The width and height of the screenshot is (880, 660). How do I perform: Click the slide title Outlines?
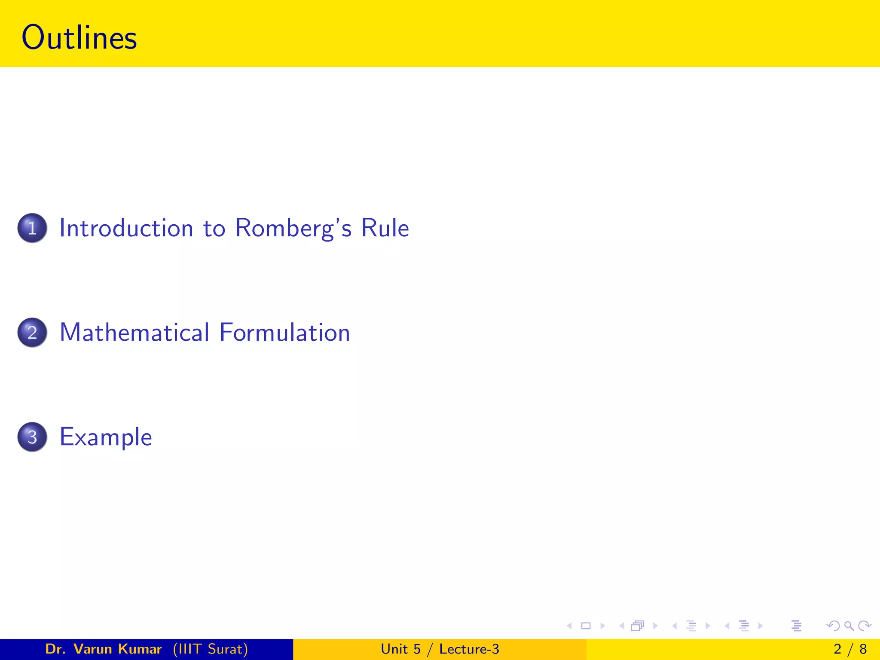pyautogui.click(x=79, y=38)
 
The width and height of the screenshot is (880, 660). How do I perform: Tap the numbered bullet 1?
pyautogui.click(x=32, y=228)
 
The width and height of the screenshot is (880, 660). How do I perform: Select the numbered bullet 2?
pyautogui.click(x=32, y=333)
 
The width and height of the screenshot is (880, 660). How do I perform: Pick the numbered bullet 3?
pyautogui.click(x=32, y=437)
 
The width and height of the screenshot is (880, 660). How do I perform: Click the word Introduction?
pyautogui.click(x=126, y=228)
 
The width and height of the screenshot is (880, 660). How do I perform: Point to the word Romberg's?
pyautogui.click(x=293, y=228)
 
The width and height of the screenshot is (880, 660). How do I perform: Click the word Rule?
pyautogui.click(x=385, y=228)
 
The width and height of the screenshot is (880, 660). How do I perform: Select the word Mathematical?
pyautogui.click(x=134, y=333)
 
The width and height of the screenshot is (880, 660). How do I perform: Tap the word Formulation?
pyautogui.click(x=285, y=333)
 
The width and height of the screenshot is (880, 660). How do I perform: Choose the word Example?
pyautogui.click(x=106, y=437)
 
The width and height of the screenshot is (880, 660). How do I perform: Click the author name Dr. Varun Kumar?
pyautogui.click(x=103, y=649)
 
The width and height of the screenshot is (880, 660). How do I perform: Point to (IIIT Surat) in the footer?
pyautogui.click(x=211, y=649)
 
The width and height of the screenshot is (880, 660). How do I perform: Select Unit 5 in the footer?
pyautogui.click(x=400, y=649)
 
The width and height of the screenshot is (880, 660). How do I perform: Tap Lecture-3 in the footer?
pyautogui.click(x=469, y=649)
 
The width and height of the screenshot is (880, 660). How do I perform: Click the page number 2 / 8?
pyautogui.click(x=850, y=649)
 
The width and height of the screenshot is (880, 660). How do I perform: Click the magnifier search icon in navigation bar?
pyautogui.click(x=849, y=626)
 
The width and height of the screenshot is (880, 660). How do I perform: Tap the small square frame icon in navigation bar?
pyautogui.click(x=586, y=626)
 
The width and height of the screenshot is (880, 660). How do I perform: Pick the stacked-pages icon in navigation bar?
pyautogui.click(x=638, y=626)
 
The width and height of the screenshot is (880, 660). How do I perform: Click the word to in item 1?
pyautogui.click(x=214, y=228)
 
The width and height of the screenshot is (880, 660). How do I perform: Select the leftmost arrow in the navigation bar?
pyautogui.click(x=569, y=626)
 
